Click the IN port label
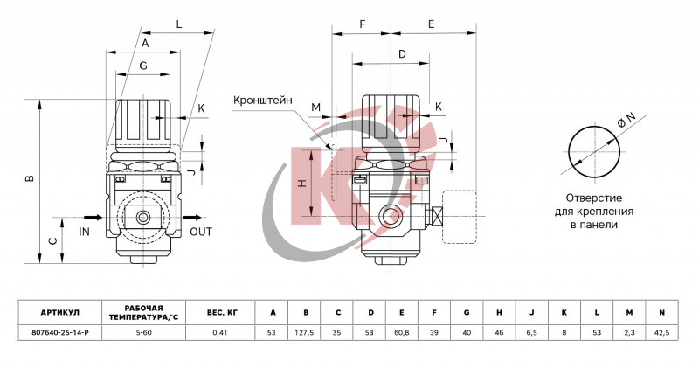click(85, 232)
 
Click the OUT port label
click(200, 232)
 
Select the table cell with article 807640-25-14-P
click(60, 333)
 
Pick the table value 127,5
click(306, 333)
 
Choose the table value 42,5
click(661, 333)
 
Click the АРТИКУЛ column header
click(60, 312)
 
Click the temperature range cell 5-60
click(143, 333)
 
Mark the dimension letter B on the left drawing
click(30, 178)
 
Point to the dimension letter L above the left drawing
click(178, 24)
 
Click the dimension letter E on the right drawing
click(432, 24)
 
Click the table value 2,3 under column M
click(629, 333)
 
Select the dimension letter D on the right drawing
click(401, 54)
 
